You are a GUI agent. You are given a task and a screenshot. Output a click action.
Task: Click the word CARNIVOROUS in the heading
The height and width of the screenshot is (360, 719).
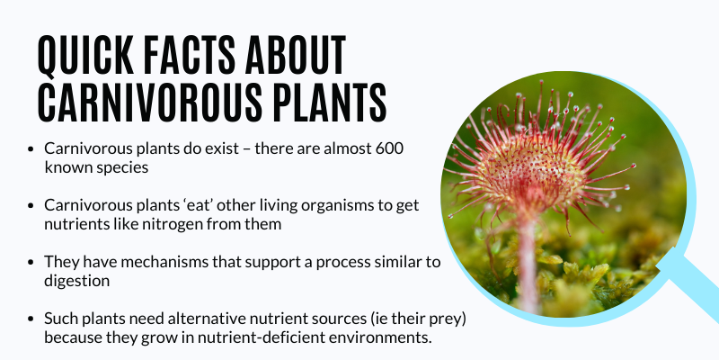pos(148,102)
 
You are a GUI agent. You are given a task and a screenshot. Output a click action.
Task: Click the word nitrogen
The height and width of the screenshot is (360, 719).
pos(168,224)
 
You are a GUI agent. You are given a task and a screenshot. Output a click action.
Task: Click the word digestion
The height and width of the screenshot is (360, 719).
pos(77,281)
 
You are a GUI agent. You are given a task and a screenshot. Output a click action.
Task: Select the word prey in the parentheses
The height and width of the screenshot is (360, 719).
pos(448,319)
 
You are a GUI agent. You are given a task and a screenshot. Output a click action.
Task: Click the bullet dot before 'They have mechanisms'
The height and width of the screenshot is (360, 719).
pos(31,262)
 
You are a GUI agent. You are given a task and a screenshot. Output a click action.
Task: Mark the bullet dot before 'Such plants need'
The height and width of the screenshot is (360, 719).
pos(31,319)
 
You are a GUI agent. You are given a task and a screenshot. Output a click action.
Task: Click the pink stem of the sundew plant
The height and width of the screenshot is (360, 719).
pos(528,257)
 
